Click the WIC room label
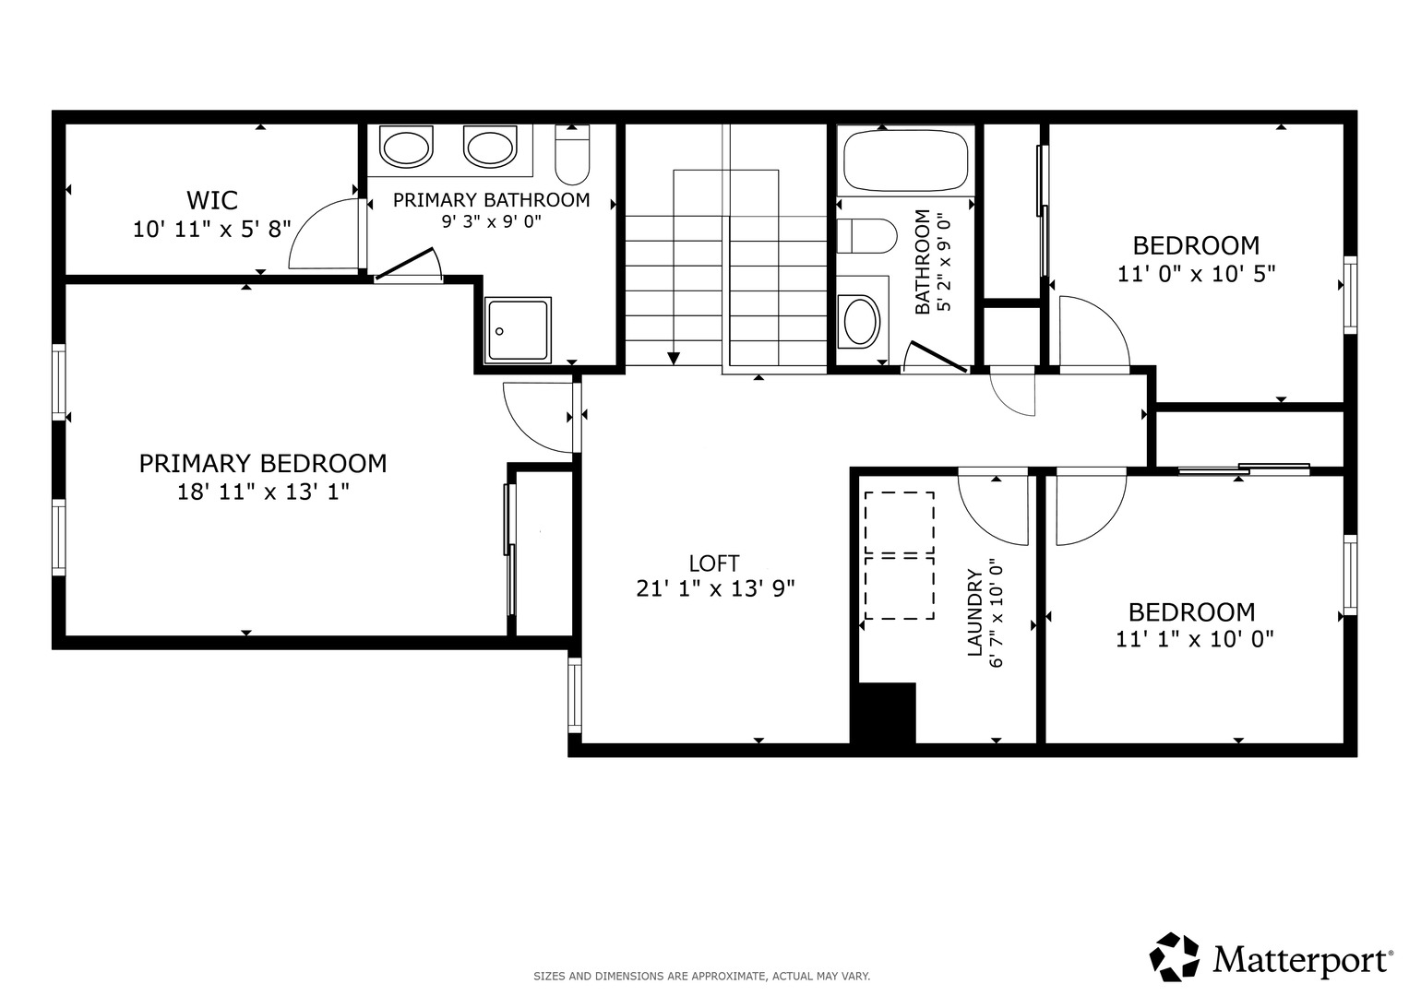[212, 201]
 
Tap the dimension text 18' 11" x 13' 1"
[263, 492]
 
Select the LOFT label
[714, 563]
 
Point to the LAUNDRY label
[974, 613]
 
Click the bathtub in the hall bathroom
[906, 160]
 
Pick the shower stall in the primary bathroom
[518, 330]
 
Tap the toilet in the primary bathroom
[572, 154]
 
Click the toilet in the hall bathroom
[866, 236]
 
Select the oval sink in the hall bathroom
[861, 322]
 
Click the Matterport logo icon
[1175, 957]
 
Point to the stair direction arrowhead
[674, 359]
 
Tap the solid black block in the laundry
[883, 714]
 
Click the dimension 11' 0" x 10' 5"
[1197, 274]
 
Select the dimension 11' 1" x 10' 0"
[1195, 639]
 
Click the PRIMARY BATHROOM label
[491, 200]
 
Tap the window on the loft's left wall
[575, 694]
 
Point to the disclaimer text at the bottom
[702, 977]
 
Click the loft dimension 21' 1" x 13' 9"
[716, 588]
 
